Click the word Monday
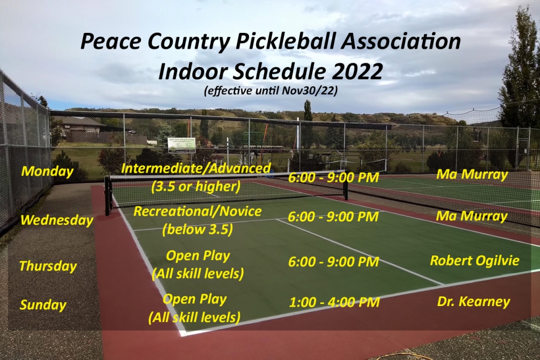pos(47,172)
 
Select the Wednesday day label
pos(57,220)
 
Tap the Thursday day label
pos(48,266)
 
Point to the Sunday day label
pos(43,305)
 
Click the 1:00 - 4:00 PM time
pos(334,302)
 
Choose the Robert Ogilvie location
pos(475,261)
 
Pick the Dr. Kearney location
pos(474,302)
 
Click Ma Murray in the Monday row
pos(472,174)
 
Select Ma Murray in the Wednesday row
pos(472,216)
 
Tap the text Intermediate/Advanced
pos(196,168)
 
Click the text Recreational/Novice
pos(198,211)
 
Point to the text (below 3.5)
pos(198,229)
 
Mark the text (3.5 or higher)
pos(195,187)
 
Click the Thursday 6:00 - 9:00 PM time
pos(334,262)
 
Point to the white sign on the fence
pos(181,145)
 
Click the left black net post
pos(108,195)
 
